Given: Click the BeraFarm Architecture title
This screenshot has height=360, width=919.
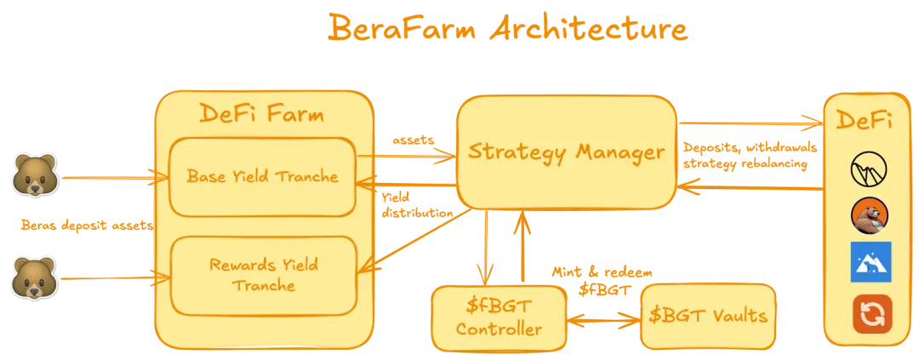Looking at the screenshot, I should (x=507, y=27).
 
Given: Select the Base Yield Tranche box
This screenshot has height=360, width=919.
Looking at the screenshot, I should (x=263, y=177).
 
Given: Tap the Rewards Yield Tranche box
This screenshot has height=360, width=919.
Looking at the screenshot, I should (x=263, y=274).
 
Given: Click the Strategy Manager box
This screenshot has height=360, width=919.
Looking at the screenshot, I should (x=566, y=153).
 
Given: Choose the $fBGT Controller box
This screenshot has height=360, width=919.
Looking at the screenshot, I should (x=499, y=317).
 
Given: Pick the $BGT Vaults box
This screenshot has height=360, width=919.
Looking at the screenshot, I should (x=709, y=317).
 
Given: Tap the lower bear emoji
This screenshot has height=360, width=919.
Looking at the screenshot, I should (x=33, y=277).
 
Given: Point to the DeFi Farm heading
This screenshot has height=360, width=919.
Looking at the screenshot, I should (x=262, y=114).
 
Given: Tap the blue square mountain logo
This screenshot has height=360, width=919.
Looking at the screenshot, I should (x=870, y=262).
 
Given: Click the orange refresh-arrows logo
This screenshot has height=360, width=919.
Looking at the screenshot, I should (x=872, y=313).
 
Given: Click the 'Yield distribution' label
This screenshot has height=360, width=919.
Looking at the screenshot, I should (x=416, y=204).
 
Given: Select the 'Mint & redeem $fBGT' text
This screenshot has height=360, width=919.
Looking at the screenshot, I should (x=603, y=281).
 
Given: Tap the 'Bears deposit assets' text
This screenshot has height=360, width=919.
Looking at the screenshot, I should (x=87, y=226).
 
